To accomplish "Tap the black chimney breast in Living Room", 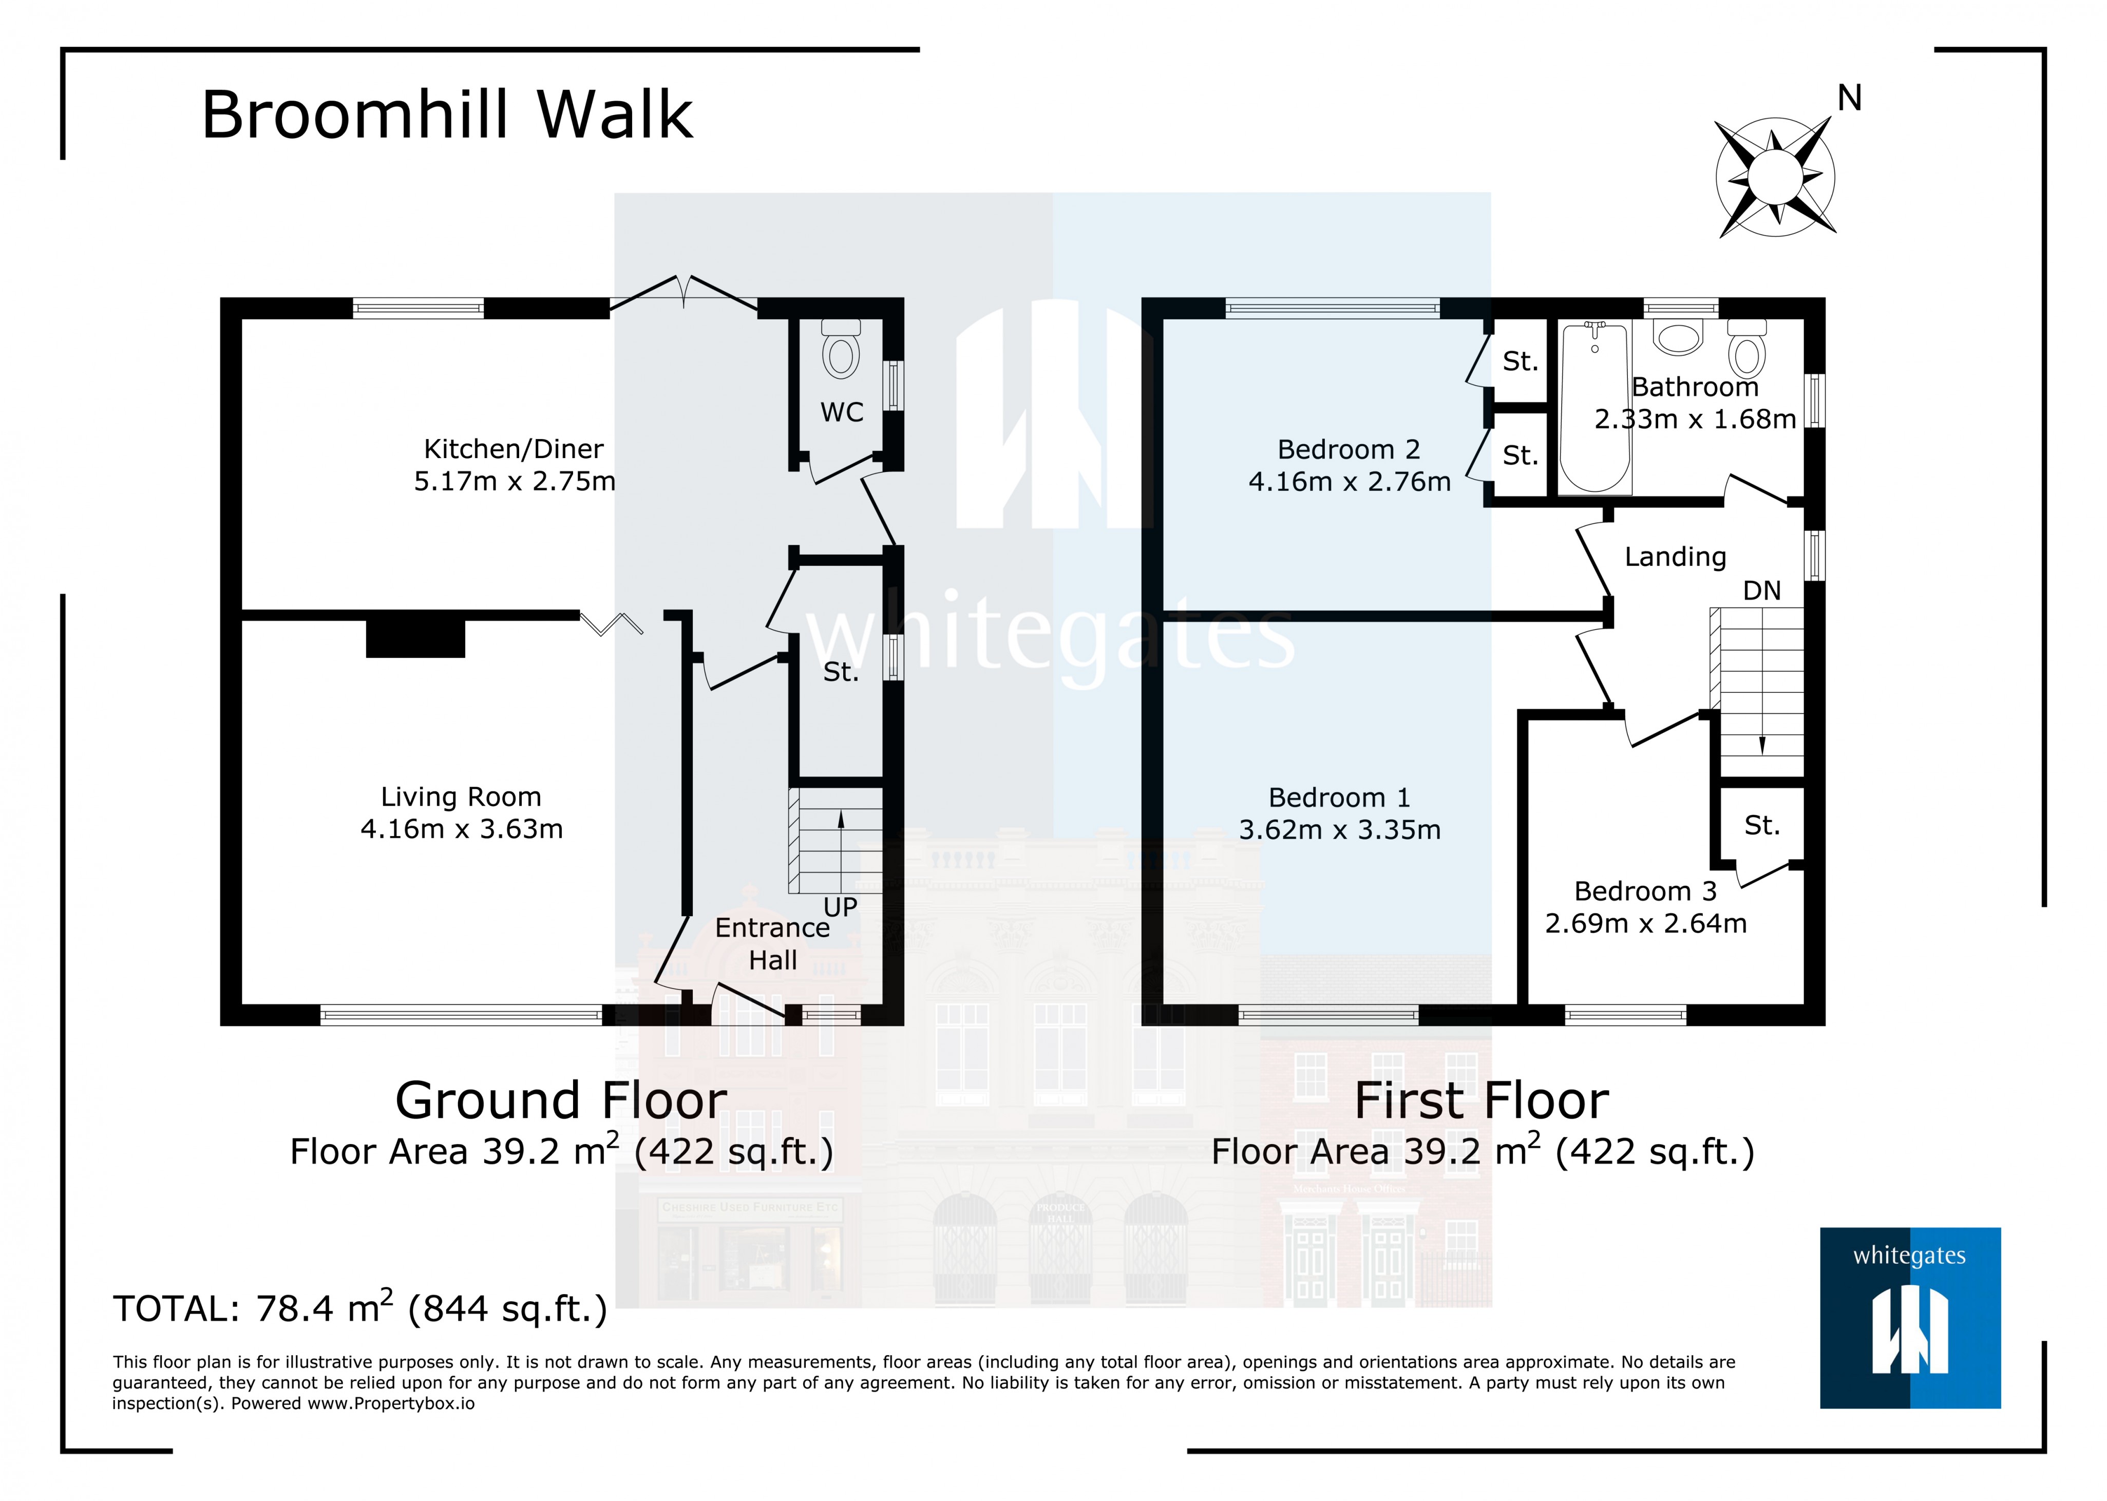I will coord(415,638).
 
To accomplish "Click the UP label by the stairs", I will coord(840,907).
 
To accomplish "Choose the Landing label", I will coord(1675,557).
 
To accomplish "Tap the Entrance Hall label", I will coord(772,944).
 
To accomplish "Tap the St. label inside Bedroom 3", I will coord(1761,825).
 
